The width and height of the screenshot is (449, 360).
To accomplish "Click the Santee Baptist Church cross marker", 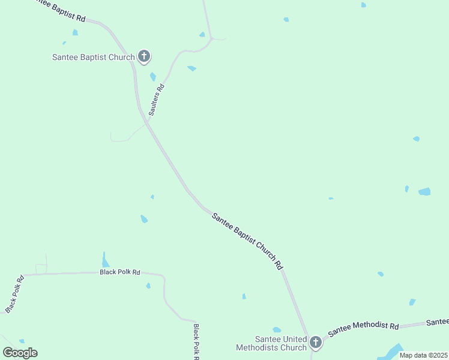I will [143, 57].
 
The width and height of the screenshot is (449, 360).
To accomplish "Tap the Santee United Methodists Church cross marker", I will [315, 343].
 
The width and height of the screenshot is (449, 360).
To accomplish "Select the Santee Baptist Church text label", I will [94, 58].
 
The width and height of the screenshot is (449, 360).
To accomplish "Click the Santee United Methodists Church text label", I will [272, 343].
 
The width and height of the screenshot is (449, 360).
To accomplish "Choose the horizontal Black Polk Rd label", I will [119, 272].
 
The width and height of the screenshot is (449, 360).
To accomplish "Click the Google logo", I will [20, 353].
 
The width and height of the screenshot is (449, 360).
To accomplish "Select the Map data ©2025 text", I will [423, 355].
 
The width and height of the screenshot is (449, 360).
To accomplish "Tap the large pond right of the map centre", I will [424, 192].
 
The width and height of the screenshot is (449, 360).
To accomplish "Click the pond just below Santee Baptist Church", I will [153, 77].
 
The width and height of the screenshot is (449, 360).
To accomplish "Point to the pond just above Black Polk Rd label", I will [106, 260].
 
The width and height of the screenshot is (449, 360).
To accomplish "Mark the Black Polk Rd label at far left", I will [14, 294].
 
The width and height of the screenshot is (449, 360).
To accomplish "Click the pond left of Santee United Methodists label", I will [277, 329].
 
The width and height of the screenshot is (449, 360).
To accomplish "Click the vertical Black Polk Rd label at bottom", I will [196, 342].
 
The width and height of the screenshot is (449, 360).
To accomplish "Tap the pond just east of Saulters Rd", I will [191, 68].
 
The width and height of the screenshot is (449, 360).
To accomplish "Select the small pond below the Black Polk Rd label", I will [148, 286].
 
